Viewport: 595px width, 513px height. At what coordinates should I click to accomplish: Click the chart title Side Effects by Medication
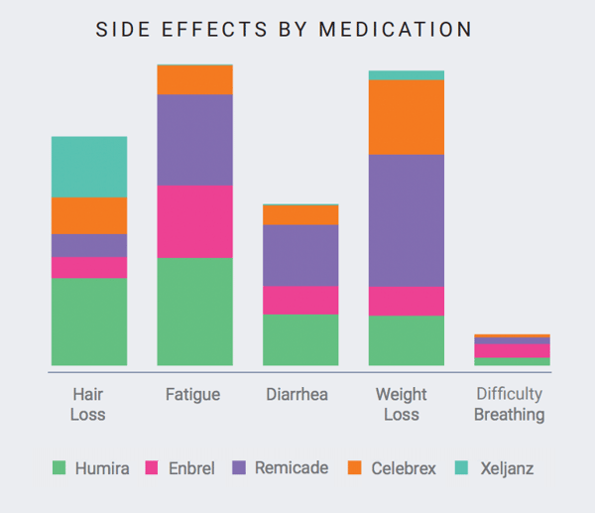284,30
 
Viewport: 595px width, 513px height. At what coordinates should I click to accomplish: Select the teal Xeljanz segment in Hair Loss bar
89,167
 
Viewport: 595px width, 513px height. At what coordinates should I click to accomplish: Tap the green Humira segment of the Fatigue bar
194,311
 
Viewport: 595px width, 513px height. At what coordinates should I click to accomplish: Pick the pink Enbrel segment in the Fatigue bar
194,221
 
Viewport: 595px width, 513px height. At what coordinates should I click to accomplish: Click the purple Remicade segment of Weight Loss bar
406,220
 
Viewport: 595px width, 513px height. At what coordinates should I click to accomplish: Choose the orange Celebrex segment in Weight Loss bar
406,117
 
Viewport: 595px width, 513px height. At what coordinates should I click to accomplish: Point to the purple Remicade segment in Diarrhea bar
300,255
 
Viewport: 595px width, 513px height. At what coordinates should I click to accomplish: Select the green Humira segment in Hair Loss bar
89,321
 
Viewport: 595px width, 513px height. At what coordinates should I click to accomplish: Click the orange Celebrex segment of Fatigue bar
194,79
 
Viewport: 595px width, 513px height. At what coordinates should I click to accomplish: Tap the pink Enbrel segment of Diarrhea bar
300,300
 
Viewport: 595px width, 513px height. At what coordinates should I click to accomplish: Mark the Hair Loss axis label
88,404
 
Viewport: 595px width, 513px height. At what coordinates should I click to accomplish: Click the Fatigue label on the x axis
192,395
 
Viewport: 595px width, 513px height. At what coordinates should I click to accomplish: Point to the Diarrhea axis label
298,395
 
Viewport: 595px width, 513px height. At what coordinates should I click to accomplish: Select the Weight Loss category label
402,404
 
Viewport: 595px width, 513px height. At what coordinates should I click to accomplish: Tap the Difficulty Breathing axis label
509,404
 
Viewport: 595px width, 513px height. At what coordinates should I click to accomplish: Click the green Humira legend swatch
59,468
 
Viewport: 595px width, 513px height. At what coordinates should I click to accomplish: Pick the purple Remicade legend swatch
237,468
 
